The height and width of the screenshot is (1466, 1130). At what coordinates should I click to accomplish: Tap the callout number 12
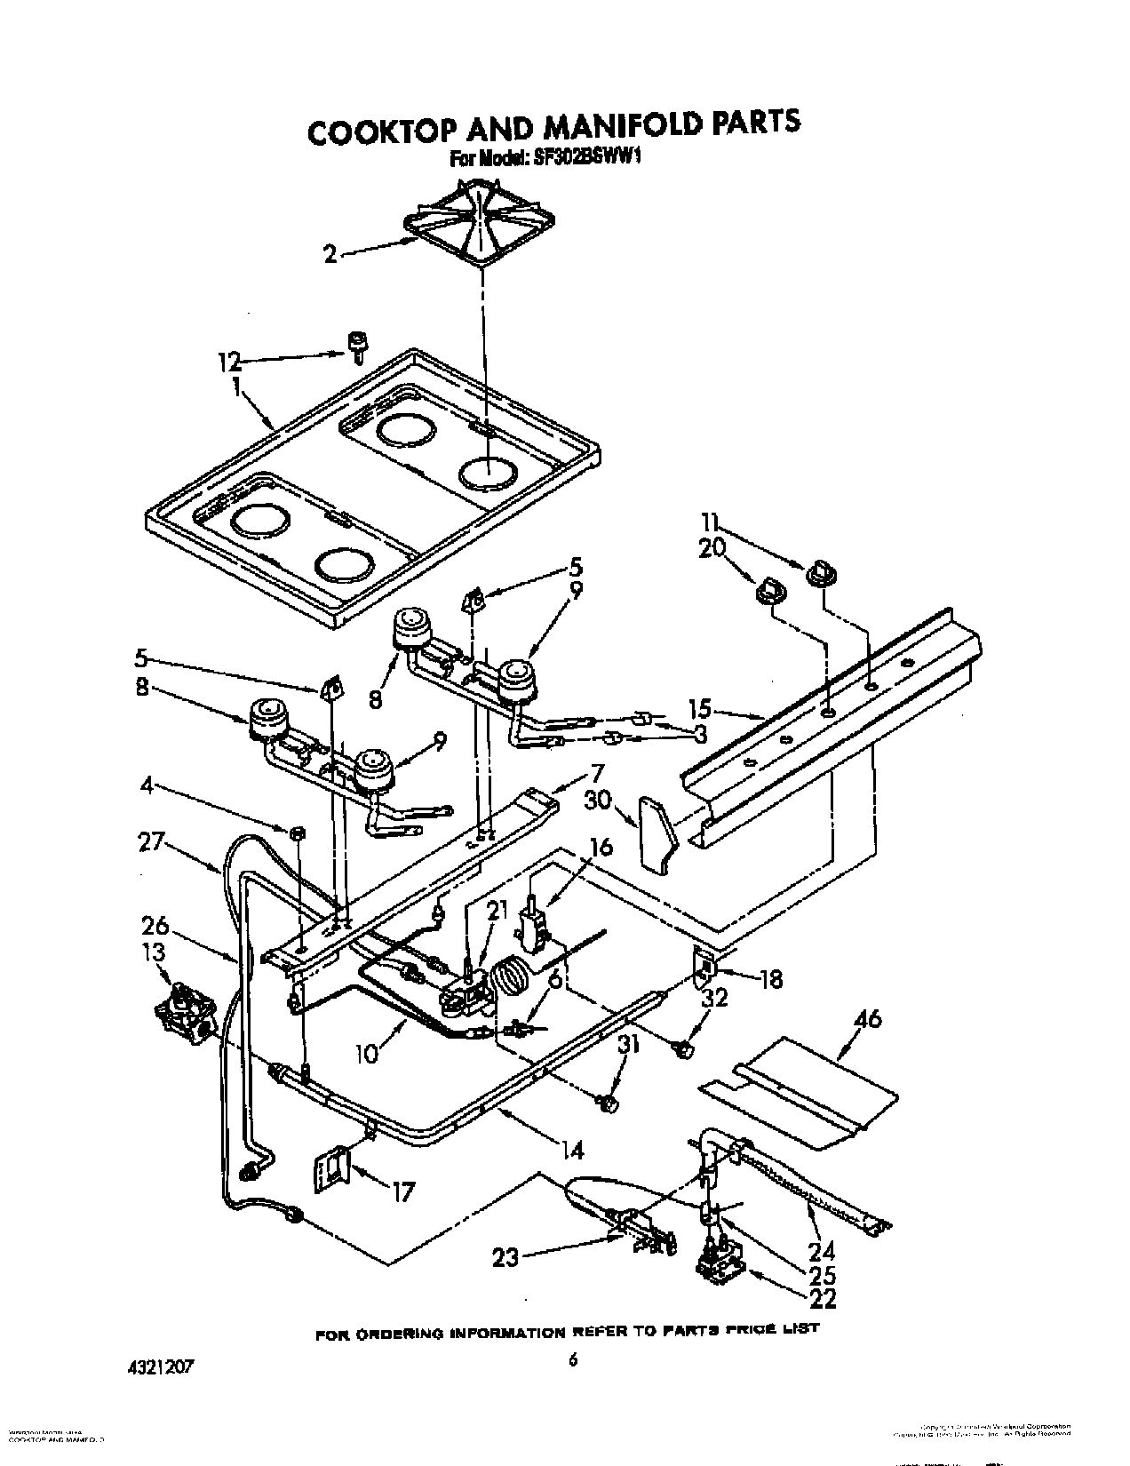tap(230, 362)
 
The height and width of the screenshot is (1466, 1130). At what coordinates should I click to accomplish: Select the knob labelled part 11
tap(817, 574)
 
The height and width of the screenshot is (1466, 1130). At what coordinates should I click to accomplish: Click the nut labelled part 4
tap(298, 833)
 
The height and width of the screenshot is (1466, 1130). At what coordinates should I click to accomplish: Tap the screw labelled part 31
tap(608, 1103)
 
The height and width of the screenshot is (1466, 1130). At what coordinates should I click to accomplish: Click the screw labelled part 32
tap(682, 1049)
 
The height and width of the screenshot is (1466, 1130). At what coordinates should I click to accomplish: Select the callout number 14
tap(573, 1151)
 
